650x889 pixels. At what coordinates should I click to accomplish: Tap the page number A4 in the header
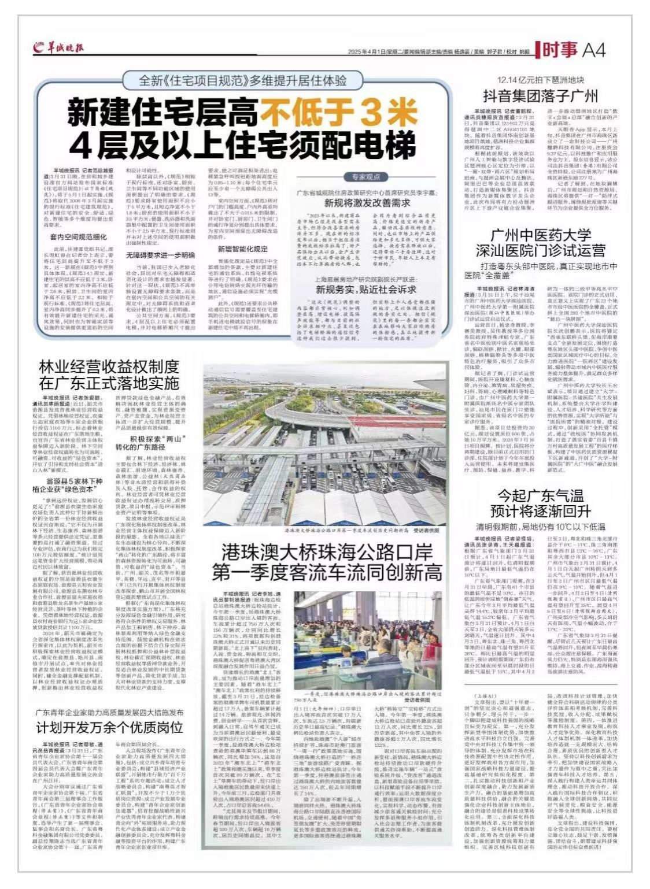click(x=593, y=51)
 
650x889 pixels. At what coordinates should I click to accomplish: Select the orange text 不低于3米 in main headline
click(x=322, y=111)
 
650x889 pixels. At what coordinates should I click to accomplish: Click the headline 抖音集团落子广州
click(x=540, y=96)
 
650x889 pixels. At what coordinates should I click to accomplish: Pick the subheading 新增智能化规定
click(x=243, y=250)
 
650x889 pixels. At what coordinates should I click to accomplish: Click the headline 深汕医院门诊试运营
click(x=540, y=250)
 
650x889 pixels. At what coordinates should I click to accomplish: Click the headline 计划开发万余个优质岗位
click(x=109, y=727)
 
